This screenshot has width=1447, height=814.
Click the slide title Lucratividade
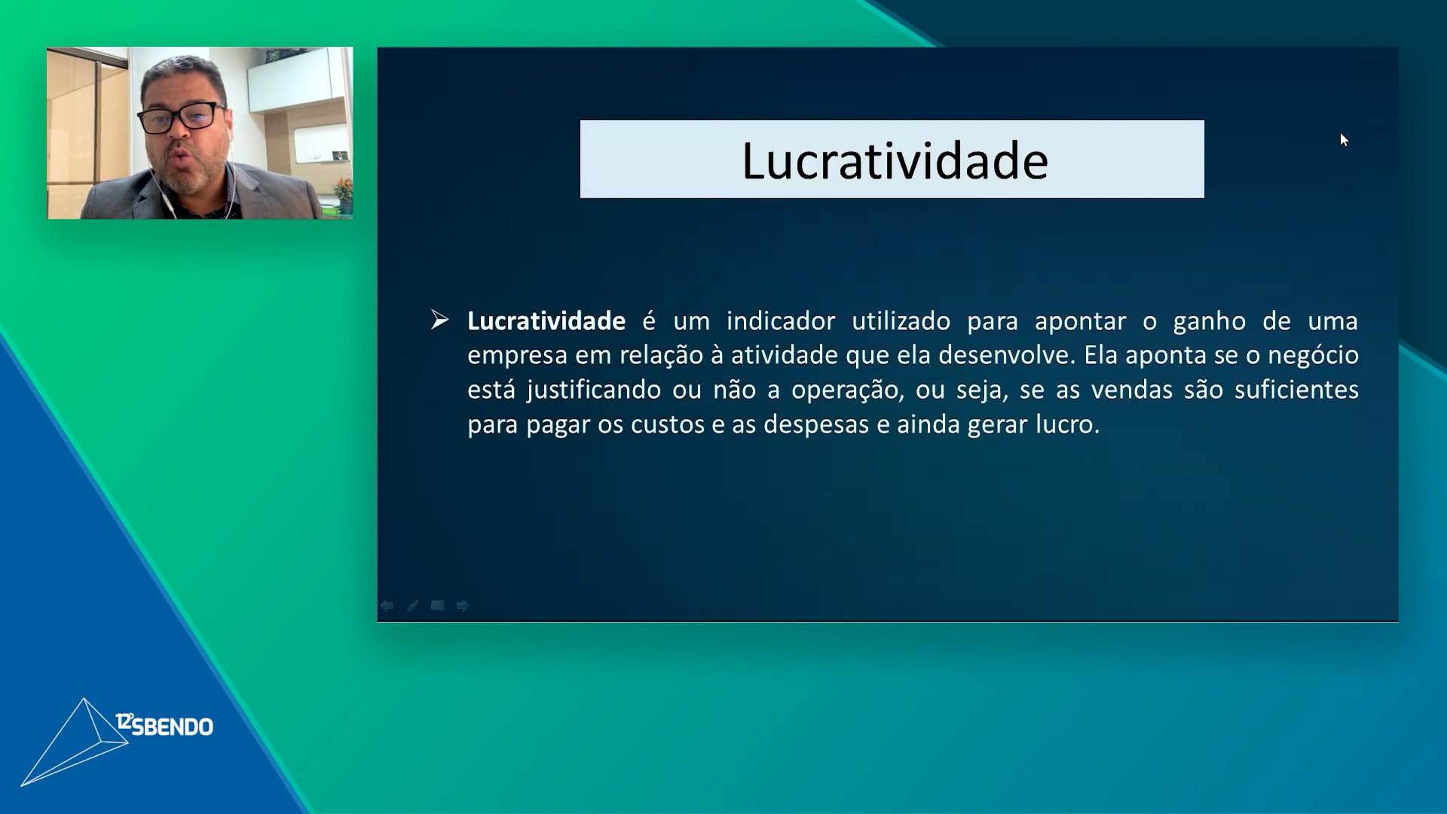pyautogui.click(x=895, y=161)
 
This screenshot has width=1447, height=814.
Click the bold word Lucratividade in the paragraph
pyautogui.click(x=546, y=321)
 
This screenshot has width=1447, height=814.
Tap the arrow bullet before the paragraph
pyautogui.click(x=440, y=320)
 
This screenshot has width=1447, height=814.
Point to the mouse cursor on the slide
pyautogui.click(x=1345, y=140)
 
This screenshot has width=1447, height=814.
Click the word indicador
pyautogui.click(x=781, y=321)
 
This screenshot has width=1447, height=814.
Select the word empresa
pyautogui.click(x=517, y=356)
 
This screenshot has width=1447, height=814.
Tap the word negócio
pyautogui.click(x=1313, y=355)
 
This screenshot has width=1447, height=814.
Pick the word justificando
pyautogui.click(x=595, y=390)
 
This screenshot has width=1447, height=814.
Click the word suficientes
pyautogui.click(x=1296, y=390)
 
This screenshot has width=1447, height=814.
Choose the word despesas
pyautogui.click(x=816, y=424)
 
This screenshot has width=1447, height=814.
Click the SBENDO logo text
pyautogui.click(x=164, y=725)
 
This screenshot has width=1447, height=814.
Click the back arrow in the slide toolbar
pyautogui.click(x=387, y=606)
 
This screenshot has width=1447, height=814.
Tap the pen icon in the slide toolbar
pyautogui.click(x=412, y=606)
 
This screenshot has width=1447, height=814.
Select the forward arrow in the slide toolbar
pyautogui.click(x=463, y=606)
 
